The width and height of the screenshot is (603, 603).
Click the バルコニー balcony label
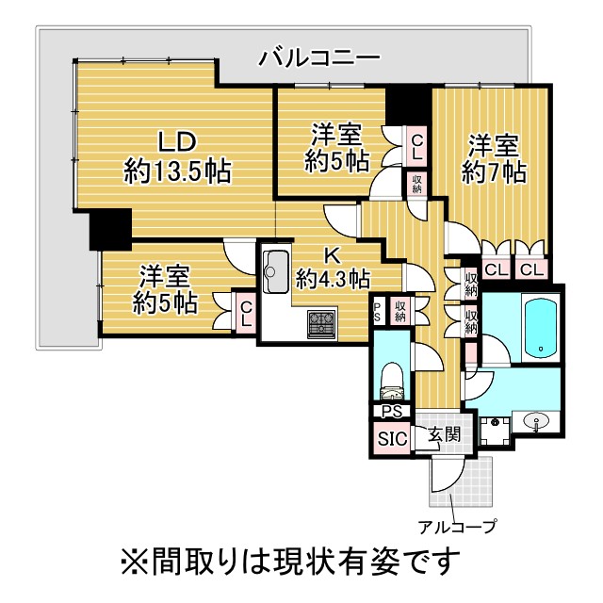[x=319, y=58]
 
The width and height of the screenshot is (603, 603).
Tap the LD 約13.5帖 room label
[x=177, y=156]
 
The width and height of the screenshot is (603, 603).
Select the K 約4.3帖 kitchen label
[x=333, y=268]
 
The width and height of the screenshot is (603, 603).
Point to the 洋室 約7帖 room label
[x=494, y=158]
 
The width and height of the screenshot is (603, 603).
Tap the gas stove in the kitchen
[x=321, y=325]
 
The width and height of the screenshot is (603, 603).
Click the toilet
[x=391, y=382]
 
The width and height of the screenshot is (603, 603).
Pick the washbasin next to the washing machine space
[x=535, y=421]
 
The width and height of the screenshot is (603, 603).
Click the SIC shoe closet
[x=392, y=438]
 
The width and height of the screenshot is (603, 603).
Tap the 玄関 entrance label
[x=445, y=435]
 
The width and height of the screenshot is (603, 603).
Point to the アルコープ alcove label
[x=457, y=526]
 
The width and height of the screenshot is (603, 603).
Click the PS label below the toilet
[x=392, y=412]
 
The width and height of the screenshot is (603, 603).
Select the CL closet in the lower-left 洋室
[x=246, y=313]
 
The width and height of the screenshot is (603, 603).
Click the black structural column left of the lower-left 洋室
[x=110, y=229]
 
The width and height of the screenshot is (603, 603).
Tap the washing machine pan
[x=495, y=431]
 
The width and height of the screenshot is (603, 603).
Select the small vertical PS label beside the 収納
[x=377, y=313]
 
